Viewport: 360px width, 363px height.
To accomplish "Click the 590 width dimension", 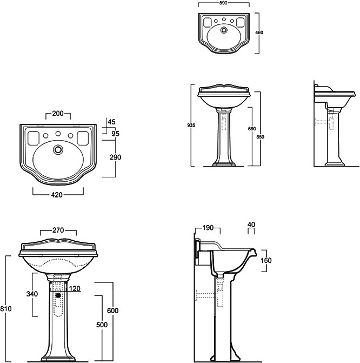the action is pos(224,3).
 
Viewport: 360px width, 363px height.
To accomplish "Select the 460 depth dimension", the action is pos(259,32).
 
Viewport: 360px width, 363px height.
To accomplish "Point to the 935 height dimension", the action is pos(191,126).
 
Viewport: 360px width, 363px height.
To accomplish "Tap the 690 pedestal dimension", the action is pos(252,129).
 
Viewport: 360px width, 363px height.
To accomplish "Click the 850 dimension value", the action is pos(261,137).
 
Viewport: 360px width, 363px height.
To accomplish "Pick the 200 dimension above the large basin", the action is pos(58,114).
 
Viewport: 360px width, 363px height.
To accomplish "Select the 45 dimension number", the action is pos(111,122).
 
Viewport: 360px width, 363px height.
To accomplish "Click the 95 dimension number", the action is pos(116,134).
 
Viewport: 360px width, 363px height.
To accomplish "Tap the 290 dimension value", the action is pos(115,157).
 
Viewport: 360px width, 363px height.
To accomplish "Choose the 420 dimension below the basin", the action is pos(57,195).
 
